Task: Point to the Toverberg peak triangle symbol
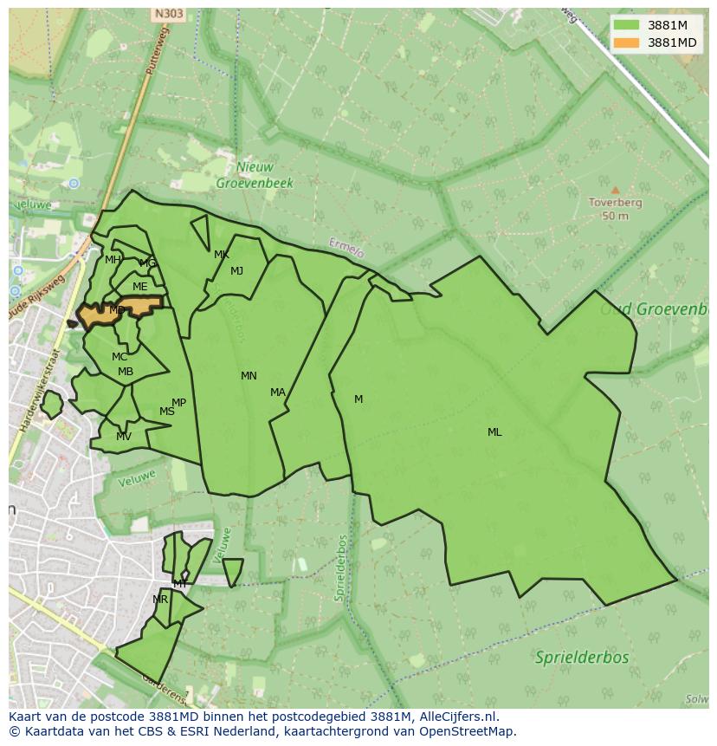point(615,190)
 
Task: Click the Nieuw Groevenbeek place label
point(255,175)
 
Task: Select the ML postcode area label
point(494,432)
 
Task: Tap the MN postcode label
point(249,376)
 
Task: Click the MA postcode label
point(277,392)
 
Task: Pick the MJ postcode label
point(236,271)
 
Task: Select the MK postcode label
point(222,255)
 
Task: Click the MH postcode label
point(113,260)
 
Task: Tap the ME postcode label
point(139,287)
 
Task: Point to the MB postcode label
point(126,373)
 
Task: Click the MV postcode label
point(124,437)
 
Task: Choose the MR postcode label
point(160,600)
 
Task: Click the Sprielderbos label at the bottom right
point(582,657)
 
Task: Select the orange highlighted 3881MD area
point(139,306)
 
